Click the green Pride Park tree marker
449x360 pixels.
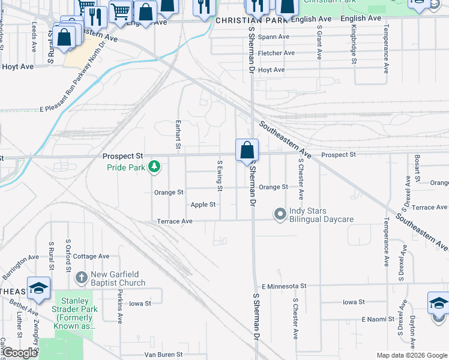click(155, 166)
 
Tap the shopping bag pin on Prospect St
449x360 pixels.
click(247, 151)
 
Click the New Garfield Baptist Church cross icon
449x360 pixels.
click(82, 278)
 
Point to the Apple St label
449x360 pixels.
click(203, 205)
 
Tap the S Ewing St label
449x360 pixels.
click(220, 176)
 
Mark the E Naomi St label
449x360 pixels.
click(379, 320)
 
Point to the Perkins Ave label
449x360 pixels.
click(120, 308)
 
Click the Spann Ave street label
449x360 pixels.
click(273, 37)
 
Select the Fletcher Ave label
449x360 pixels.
click(276, 53)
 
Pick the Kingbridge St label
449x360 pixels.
click(354, 44)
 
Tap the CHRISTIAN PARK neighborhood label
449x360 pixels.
click(239, 20)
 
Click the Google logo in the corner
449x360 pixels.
click(20, 353)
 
